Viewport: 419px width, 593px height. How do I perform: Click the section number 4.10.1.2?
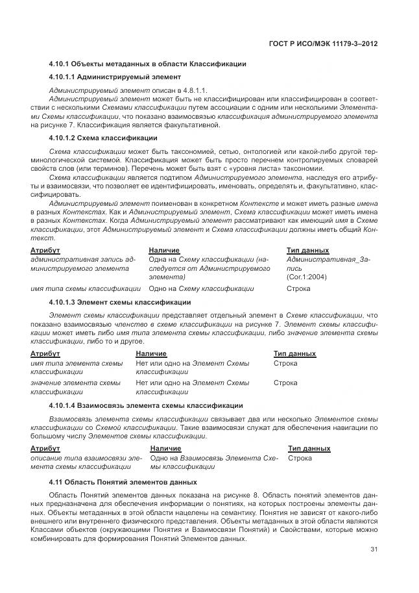[63, 138]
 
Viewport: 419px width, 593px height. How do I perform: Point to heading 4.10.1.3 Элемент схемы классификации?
[119, 302]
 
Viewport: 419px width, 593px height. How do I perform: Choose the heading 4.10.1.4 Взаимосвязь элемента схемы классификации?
[146, 405]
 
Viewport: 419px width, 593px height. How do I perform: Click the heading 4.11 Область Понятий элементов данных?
[123, 483]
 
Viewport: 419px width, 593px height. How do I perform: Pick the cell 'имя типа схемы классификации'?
[86, 288]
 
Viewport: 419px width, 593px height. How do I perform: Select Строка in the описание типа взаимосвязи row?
[299, 458]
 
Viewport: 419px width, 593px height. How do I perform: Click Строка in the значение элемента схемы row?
[285, 383]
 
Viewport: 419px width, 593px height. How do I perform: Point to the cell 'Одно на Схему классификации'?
[201, 288]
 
